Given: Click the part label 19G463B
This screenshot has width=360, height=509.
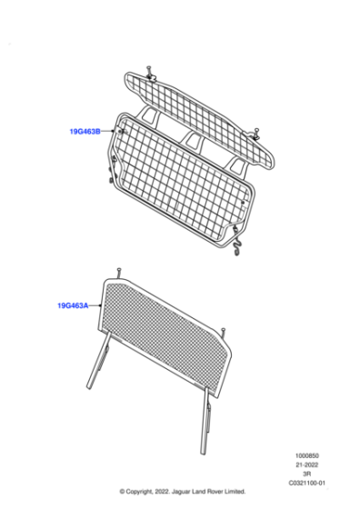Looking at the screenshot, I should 85,132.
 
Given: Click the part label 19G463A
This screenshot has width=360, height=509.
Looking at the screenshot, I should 71,306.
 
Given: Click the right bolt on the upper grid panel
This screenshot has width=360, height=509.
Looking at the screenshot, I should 257,132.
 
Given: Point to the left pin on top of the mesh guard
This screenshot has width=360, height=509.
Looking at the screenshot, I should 119,270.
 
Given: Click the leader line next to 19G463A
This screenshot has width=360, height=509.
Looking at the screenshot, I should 95,306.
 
